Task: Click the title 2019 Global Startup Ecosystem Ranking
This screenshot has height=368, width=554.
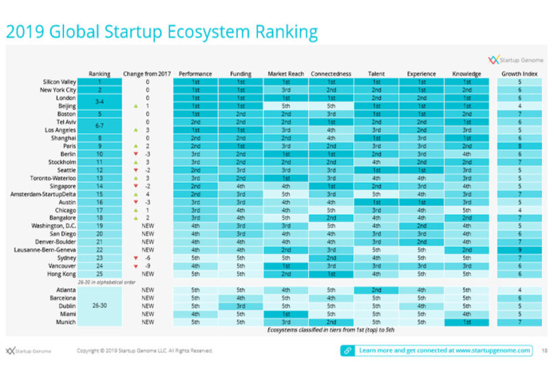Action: point(161,31)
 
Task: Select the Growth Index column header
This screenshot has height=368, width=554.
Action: point(519,74)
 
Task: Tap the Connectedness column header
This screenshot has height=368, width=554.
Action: point(331,74)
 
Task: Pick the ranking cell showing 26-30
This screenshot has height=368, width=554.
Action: point(100,305)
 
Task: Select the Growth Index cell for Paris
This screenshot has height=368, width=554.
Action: point(519,145)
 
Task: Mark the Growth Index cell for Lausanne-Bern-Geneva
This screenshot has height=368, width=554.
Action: point(519,249)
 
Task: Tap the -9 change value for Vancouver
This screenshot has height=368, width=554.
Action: point(148,266)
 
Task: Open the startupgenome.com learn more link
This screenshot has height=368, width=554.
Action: point(436,350)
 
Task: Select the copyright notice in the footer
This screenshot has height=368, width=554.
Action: point(145,351)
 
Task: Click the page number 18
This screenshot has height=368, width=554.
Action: point(544,350)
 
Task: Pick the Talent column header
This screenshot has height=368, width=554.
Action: point(376,74)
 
